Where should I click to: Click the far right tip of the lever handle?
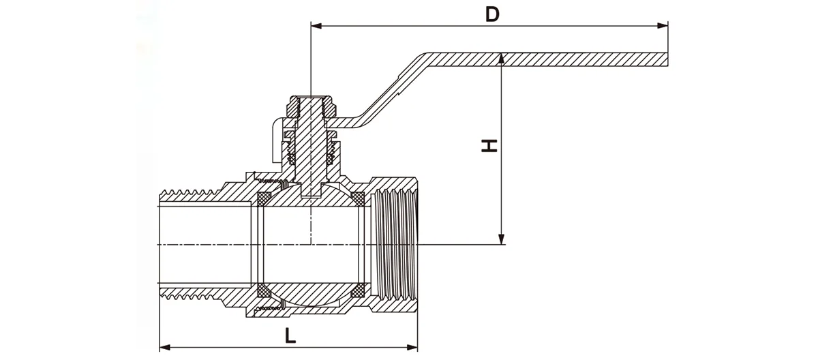666,59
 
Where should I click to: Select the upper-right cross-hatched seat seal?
357,198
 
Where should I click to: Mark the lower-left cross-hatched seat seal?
261,292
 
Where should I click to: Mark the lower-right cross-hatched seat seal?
357,293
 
